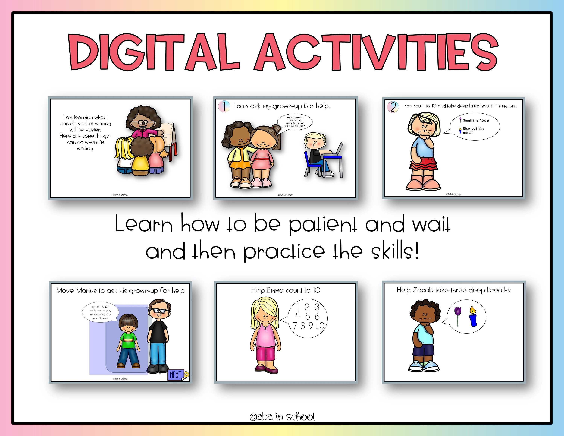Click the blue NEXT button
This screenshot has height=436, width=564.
point(176,374)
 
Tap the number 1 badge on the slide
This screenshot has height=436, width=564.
point(224,106)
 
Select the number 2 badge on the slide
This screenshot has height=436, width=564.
point(393,107)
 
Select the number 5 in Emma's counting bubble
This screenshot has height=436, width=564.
point(307,316)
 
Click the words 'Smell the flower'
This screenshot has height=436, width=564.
point(476,120)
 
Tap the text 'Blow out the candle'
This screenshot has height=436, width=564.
point(473,130)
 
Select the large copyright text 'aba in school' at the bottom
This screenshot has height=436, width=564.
point(282,417)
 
